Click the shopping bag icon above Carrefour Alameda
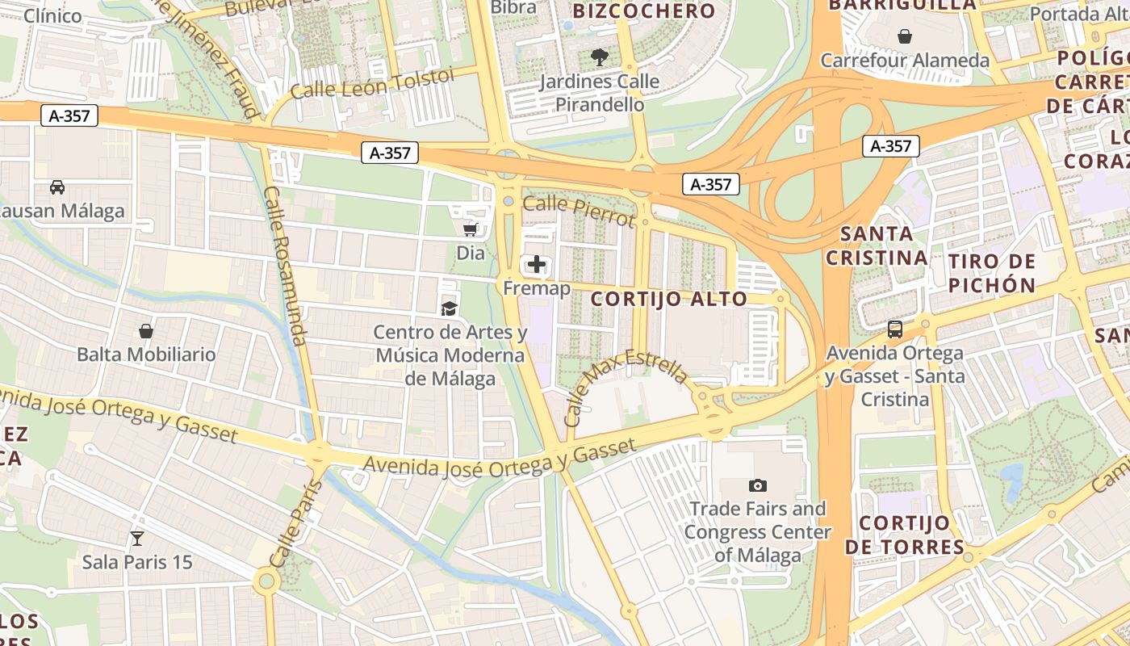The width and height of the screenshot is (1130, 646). [x=904, y=36]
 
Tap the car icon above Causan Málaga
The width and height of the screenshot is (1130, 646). [x=57, y=187]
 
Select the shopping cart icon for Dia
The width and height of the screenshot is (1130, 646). [x=471, y=229]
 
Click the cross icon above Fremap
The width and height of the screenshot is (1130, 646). [x=537, y=264]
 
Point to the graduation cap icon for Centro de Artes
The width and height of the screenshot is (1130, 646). [x=449, y=308]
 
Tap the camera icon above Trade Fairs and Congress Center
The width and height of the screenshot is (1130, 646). [x=757, y=484]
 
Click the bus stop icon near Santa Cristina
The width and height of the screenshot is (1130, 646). [x=894, y=329]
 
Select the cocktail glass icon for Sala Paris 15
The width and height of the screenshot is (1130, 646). [x=137, y=538]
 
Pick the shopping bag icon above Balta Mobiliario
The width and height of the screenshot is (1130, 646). [x=146, y=331]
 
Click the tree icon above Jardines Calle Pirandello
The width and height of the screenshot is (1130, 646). [x=599, y=57]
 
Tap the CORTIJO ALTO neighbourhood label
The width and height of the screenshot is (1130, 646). [x=669, y=299]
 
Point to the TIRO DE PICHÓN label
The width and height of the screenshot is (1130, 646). [x=992, y=273]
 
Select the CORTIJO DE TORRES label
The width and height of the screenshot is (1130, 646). [x=904, y=535]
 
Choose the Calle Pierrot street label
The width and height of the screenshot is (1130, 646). [x=579, y=210]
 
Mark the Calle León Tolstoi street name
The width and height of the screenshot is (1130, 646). [x=372, y=83]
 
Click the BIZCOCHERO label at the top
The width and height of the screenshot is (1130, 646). [x=643, y=11]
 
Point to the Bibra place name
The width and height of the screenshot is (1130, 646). [x=513, y=7]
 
